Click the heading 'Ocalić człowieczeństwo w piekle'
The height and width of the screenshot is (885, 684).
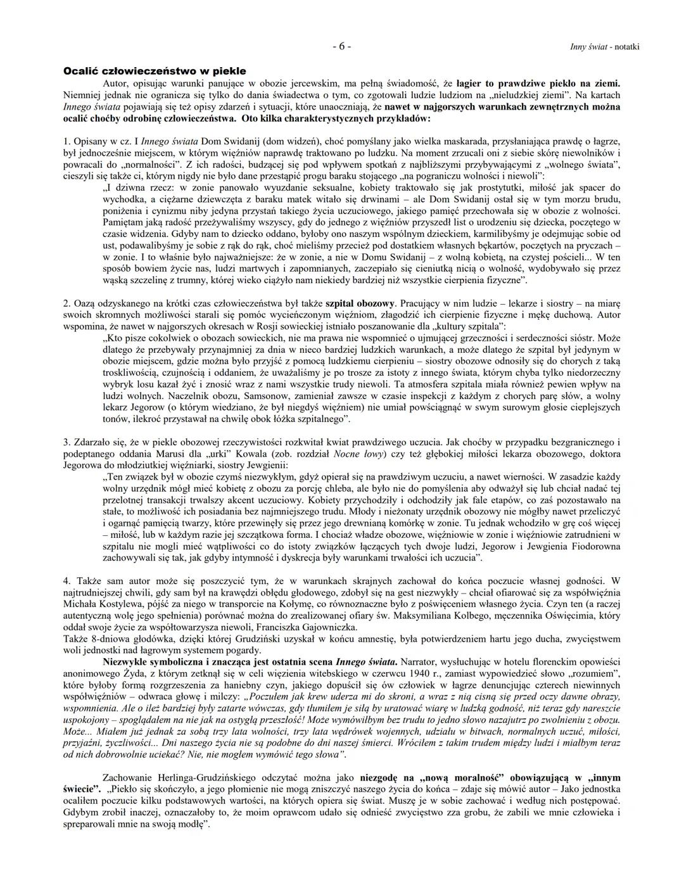tap(155, 71)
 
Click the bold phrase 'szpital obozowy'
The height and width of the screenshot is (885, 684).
tap(361, 304)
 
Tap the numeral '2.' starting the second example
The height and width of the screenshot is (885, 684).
tap(67, 304)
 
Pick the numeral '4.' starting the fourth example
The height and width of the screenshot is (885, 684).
tap(67, 580)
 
